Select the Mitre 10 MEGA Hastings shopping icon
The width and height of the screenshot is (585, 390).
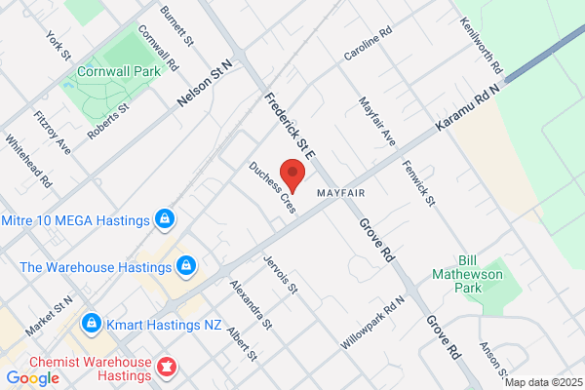165,218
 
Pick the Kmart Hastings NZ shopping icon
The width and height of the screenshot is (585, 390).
91,322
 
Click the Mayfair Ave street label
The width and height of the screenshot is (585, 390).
376,121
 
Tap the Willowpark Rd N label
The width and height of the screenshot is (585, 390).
372,325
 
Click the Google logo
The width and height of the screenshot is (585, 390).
32,377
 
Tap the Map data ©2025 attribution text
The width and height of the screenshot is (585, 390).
543,382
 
